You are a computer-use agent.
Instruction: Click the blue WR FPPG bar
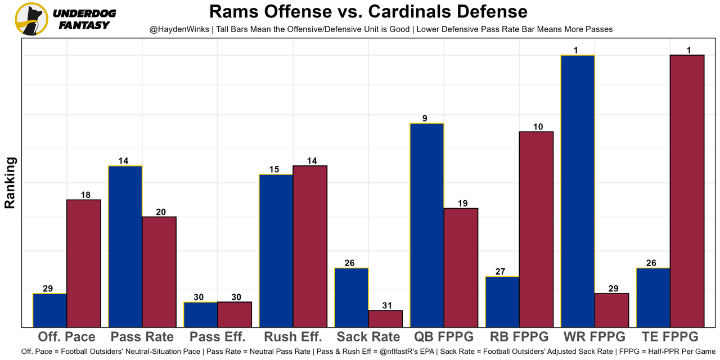pos(577,191)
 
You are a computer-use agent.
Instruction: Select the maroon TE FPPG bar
pos(687,191)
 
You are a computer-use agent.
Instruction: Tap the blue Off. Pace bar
pos(50,310)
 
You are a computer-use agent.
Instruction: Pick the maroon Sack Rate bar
pos(385,318)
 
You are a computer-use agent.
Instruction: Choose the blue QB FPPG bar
pos(427,225)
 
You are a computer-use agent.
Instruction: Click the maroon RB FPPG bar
pos(536,229)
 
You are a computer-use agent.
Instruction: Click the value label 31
pos(385,305)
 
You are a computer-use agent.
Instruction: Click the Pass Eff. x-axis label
pos(218,337)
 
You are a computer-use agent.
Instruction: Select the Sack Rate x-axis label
pos(368,337)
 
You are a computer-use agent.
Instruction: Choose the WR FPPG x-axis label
pos(594,337)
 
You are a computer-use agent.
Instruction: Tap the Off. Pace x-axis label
pos(67,337)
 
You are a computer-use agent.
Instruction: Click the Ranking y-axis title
pos(10,183)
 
